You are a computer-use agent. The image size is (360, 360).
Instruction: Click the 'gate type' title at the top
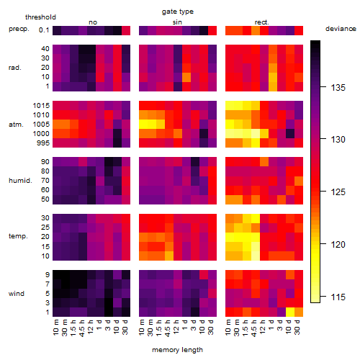[x=178, y=12]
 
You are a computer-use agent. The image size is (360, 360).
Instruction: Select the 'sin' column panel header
[x=177, y=22]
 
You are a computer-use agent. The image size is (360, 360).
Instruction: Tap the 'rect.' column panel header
[x=262, y=22]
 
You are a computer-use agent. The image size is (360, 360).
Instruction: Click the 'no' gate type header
[x=93, y=22]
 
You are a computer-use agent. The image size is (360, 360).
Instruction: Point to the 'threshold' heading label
[x=40, y=17]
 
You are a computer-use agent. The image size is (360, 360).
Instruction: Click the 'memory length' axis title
[x=177, y=350]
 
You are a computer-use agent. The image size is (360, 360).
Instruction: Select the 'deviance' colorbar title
[x=341, y=29]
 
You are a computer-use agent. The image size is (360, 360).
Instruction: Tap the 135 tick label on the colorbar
[x=338, y=88]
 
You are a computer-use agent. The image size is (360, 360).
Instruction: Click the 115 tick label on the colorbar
[x=338, y=297]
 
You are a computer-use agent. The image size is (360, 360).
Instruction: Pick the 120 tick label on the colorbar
[x=338, y=245]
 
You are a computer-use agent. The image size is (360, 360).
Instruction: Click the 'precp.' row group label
[x=19, y=29]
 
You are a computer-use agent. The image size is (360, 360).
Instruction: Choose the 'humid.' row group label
[x=20, y=181]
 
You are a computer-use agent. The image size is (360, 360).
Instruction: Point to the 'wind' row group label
[x=17, y=294]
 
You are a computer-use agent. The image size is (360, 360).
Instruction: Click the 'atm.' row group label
[x=16, y=125]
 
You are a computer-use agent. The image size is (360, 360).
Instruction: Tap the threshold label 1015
[x=41, y=106]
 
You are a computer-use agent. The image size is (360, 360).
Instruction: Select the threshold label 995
[x=43, y=143]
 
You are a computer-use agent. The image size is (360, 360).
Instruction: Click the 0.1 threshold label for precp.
[x=44, y=30]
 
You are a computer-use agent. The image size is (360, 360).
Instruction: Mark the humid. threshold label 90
[x=45, y=162]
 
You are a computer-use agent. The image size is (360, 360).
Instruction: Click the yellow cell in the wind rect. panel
[x=290, y=312]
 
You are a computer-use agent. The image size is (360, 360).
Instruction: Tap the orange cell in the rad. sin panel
[x=186, y=77]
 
